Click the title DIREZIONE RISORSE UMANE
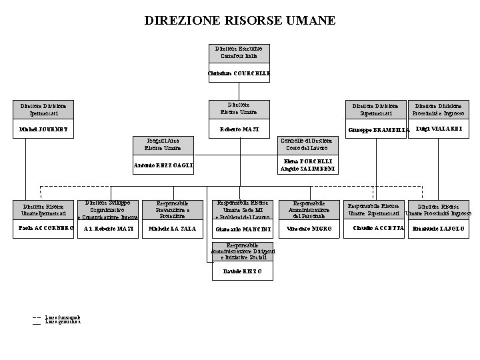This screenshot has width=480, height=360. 240,21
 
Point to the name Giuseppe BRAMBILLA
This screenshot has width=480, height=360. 375,129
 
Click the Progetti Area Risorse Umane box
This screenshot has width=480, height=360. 163,144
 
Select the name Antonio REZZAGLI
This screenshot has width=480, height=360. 163,165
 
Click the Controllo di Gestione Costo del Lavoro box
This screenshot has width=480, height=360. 308,144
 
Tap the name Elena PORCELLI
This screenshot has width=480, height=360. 307,161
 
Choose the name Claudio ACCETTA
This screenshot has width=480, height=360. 377,228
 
